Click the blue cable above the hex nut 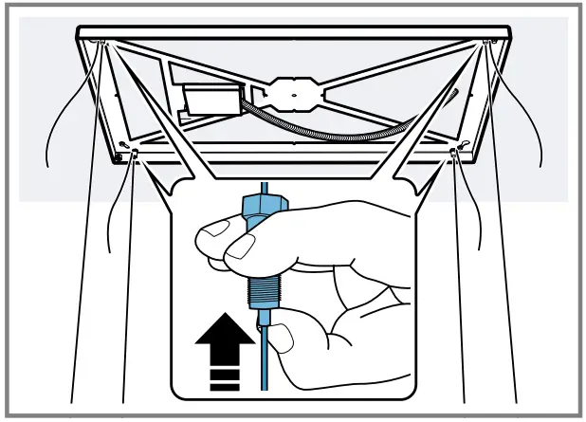[x=263, y=185]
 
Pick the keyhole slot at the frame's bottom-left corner [x=125, y=144]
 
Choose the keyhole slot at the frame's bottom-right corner [x=464, y=144]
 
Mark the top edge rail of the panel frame [x=294, y=33]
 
